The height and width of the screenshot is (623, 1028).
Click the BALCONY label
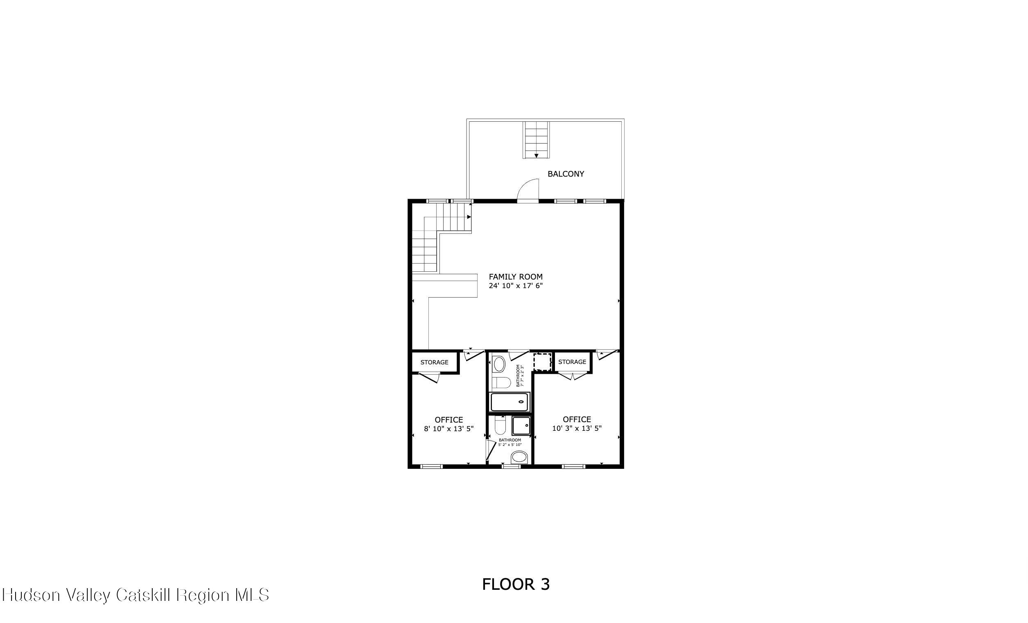[x=566, y=174]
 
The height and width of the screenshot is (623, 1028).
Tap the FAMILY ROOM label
[x=516, y=276]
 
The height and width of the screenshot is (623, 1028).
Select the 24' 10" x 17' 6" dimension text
[x=516, y=286]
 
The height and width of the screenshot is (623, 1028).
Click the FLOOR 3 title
[x=516, y=584]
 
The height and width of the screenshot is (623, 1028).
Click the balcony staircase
[x=537, y=140]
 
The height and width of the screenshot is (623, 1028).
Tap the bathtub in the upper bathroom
[x=509, y=402]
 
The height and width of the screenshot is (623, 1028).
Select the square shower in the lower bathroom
[x=521, y=426]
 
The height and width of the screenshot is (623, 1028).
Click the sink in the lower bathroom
[x=519, y=457]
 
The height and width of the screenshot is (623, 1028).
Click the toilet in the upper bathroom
[x=500, y=382]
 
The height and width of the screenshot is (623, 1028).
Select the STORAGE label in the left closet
[x=434, y=362]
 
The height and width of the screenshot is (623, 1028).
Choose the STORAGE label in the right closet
[x=572, y=362]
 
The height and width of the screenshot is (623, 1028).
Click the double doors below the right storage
[x=573, y=376]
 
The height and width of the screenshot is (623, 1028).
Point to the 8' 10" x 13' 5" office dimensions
[x=449, y=429]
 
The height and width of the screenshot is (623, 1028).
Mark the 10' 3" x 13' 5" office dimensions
[x=577, y=428]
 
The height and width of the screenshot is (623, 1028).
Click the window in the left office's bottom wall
[x=431, y=466]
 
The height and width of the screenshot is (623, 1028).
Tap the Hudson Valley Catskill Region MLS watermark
[x=136, y=595]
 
